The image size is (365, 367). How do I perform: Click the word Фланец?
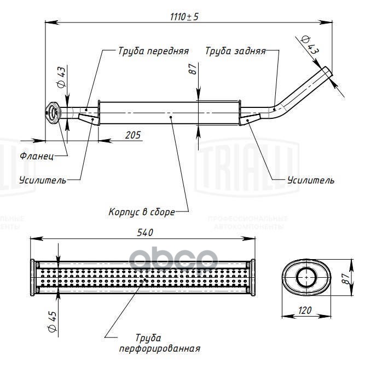[37, 156]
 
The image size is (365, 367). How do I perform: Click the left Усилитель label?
[42, 180]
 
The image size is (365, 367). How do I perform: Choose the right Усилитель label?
[310, 180]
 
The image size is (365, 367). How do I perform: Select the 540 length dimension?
[145, 232]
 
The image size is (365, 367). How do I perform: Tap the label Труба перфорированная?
[158, 343]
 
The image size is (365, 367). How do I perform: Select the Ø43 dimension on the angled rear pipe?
[310, 44]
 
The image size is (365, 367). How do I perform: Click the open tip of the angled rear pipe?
[327, 72]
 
